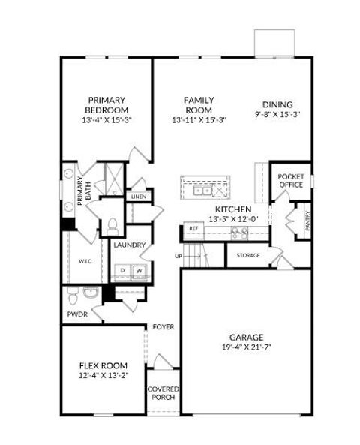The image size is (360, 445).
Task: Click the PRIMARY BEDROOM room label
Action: pyautogui.click(x=106, y=104)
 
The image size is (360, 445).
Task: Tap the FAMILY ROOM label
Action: pyautogui.click(x=199, y=104)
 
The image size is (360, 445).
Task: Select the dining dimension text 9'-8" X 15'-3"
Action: pyautogui.click(x=277, y=115)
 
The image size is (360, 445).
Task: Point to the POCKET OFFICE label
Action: pyautogui.click(x=290, y=181)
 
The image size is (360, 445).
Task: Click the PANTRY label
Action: pyautogui.click(x=307, y=219)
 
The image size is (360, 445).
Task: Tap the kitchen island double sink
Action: pyautogui.click(x=203, y=191)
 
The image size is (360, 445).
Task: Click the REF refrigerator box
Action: pyautogui.click(x=193, y=228)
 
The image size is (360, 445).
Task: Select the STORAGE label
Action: pyautogui.click(x=248, y=255)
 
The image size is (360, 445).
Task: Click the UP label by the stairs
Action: pyautogui.click(x=178, y=256)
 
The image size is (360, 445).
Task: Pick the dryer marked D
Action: pyautogui.click(x=121, y=270)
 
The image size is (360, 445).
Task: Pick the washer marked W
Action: pyautogui.click(x=138, y=270)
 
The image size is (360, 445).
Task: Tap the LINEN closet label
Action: pyautogui.click(x=139, y=197)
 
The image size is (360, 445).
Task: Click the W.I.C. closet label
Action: pyautogui.click(x=85, y=261)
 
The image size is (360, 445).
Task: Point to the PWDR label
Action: pyautogui.click(x=77, y=314)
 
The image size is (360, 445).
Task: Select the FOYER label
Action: pyautogui.click(x=163, y=326)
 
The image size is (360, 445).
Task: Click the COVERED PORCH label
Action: pyautogui.click(x=163, y=392)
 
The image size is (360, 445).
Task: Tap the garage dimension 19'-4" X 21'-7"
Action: pyautogui.click(x=246, y=347)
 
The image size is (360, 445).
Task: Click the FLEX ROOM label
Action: pyautogui.click(x=103, y=365)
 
